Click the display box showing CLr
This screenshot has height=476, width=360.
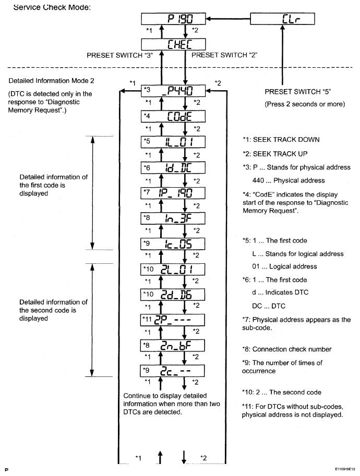283,19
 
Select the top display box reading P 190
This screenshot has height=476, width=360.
174,19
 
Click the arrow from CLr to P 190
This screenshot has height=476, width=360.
229,19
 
